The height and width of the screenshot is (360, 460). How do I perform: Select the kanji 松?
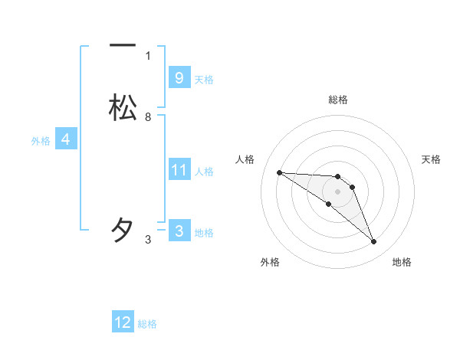(x=123, y=107)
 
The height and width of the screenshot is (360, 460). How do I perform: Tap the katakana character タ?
(x=123, y=230)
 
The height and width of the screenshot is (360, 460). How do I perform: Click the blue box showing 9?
(x=179, y=77)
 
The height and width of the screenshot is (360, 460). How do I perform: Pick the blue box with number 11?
(x=179, y=170)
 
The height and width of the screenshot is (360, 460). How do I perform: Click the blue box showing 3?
(x=179, y=231)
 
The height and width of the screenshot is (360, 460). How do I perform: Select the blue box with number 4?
(x=65, y=139)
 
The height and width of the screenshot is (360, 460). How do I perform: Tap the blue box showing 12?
(x=123, y=322)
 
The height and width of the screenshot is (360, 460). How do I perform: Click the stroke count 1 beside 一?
(x=148, y=55)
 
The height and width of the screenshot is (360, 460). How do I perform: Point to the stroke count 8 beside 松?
(x=148, y=117)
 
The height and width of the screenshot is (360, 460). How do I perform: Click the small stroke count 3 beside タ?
(x=148, y=240)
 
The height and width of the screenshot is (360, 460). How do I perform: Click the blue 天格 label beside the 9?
(x=204, y=79)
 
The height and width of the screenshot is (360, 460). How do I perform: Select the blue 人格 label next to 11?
(x=204, y=172)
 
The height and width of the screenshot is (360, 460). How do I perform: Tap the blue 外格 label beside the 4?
(x=41, y=141)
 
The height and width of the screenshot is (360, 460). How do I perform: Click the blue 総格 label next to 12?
(x=147, y=324)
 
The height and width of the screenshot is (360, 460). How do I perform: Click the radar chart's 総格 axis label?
(x=337, y=100)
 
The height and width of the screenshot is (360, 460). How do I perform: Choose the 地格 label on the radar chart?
(x=402, y=262)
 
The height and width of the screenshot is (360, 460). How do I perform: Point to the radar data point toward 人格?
(x=279, y=172)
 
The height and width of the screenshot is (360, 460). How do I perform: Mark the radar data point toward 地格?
(x=374, y=242)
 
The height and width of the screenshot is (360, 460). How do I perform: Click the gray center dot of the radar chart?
(x=337, y=191)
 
